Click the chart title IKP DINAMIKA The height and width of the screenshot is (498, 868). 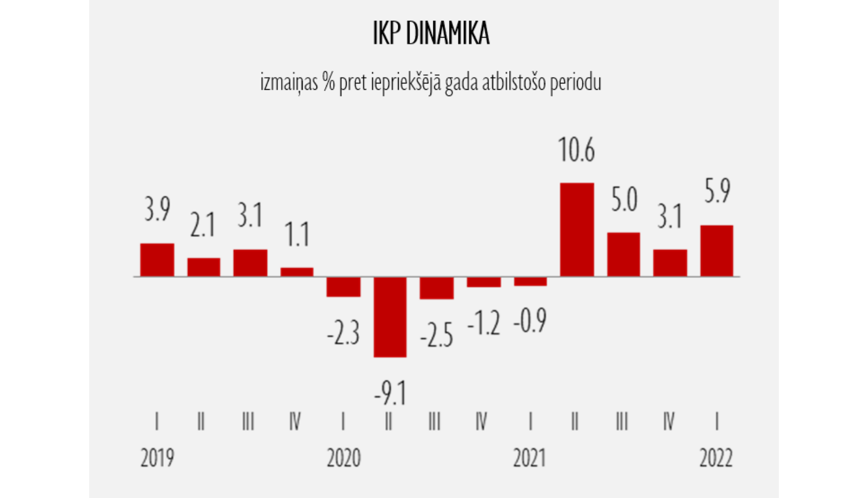point(431,34)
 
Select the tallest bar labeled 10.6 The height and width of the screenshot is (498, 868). point(577,230)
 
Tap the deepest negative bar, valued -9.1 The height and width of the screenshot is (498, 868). point(390,317)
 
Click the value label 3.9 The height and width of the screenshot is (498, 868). point(157,210)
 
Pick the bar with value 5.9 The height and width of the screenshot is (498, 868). point(716,251)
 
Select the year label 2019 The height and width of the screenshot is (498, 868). point(157,458)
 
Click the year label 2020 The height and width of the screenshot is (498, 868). point(344,458)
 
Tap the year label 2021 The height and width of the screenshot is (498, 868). point(529,458)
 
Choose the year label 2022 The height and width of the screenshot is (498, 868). point(716,458)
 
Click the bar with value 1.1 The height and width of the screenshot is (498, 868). point(297,272)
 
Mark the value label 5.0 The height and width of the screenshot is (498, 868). point(624,200)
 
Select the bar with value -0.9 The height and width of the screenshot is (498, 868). point(530,281)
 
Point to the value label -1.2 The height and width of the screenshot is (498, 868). point(483,324)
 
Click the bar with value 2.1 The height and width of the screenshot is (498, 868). point(204,267)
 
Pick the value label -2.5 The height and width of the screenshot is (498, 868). point(436,336)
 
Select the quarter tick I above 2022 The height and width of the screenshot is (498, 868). point(717,421)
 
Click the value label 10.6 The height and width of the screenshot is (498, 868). point(576,151)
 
